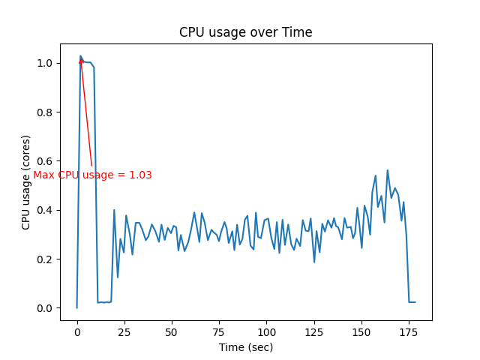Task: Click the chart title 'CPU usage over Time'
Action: tap(245, 32)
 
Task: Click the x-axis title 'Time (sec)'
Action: tap(245, 347)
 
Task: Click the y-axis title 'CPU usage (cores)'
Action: tap(26, 182)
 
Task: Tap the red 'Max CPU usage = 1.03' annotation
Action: tap(92, 175)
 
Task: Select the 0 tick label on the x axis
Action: tap(77, 331)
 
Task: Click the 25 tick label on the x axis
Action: tap(124, 331)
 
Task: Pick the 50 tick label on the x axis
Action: tap(172, 331)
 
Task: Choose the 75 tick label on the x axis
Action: tap(219, 331)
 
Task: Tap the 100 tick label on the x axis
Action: tap(266, 331)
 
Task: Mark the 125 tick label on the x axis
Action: tap(313, 331)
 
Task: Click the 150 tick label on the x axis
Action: tap(361, 331)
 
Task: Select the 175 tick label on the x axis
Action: tap(409, 331)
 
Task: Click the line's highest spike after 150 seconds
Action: tap(388, 170)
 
